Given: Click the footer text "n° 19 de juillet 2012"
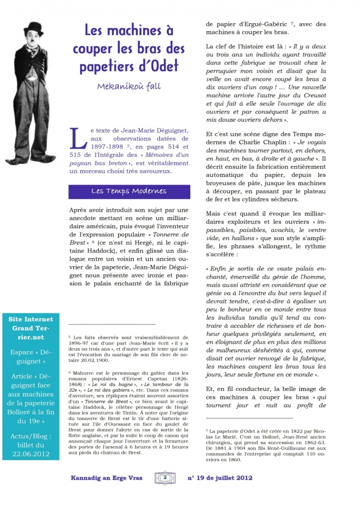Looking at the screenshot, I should point(220,478).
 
